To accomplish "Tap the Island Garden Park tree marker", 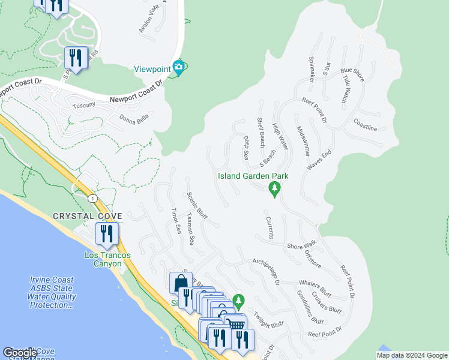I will [275, 190].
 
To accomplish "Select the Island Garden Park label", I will [253, 176].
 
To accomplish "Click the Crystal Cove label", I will [88, 216].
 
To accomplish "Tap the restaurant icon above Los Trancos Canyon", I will [107, 233].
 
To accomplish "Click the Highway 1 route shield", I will [92, 198].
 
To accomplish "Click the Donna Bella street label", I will [133, 118].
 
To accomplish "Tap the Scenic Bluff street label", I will [196, 206].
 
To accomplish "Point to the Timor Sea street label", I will [176, 221].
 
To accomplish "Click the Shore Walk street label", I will [301, 246].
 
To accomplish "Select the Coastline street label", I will [365, 128].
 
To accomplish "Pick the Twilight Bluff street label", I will [268, 325].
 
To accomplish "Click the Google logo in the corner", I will [20, 353].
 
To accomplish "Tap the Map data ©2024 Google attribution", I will [412, 355].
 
